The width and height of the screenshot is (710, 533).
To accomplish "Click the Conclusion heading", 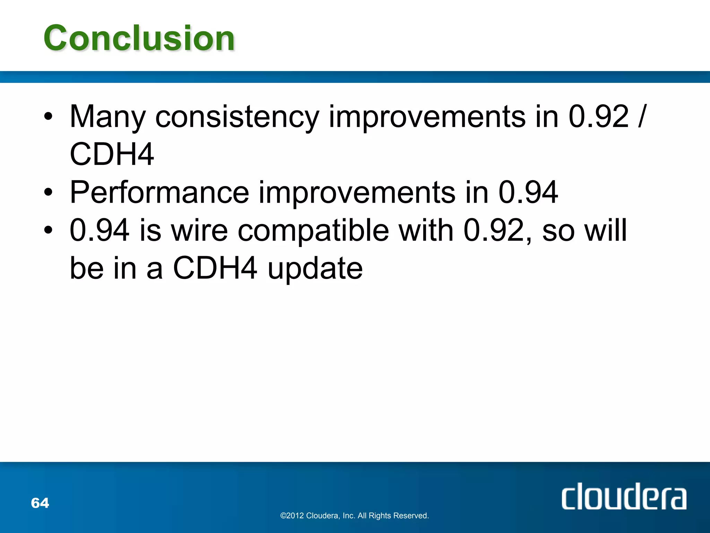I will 139,38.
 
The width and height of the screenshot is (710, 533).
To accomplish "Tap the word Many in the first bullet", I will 107,117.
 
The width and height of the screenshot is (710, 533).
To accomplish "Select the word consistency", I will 237,117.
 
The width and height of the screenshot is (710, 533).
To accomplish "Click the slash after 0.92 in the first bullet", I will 641,117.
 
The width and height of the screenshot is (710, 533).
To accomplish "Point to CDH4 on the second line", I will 112,154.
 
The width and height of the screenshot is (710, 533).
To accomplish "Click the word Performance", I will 159,193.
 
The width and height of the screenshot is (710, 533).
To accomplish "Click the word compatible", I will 313,231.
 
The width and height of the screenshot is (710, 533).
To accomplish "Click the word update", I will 315,269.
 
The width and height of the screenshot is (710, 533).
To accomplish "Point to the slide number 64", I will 40,503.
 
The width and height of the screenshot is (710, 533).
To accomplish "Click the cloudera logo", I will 624,498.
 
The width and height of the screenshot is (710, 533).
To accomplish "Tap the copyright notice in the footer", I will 354,516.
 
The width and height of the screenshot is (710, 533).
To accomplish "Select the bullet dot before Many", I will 48,117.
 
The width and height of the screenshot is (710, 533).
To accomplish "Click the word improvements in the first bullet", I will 426,117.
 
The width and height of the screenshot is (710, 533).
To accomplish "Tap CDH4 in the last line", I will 215,268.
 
